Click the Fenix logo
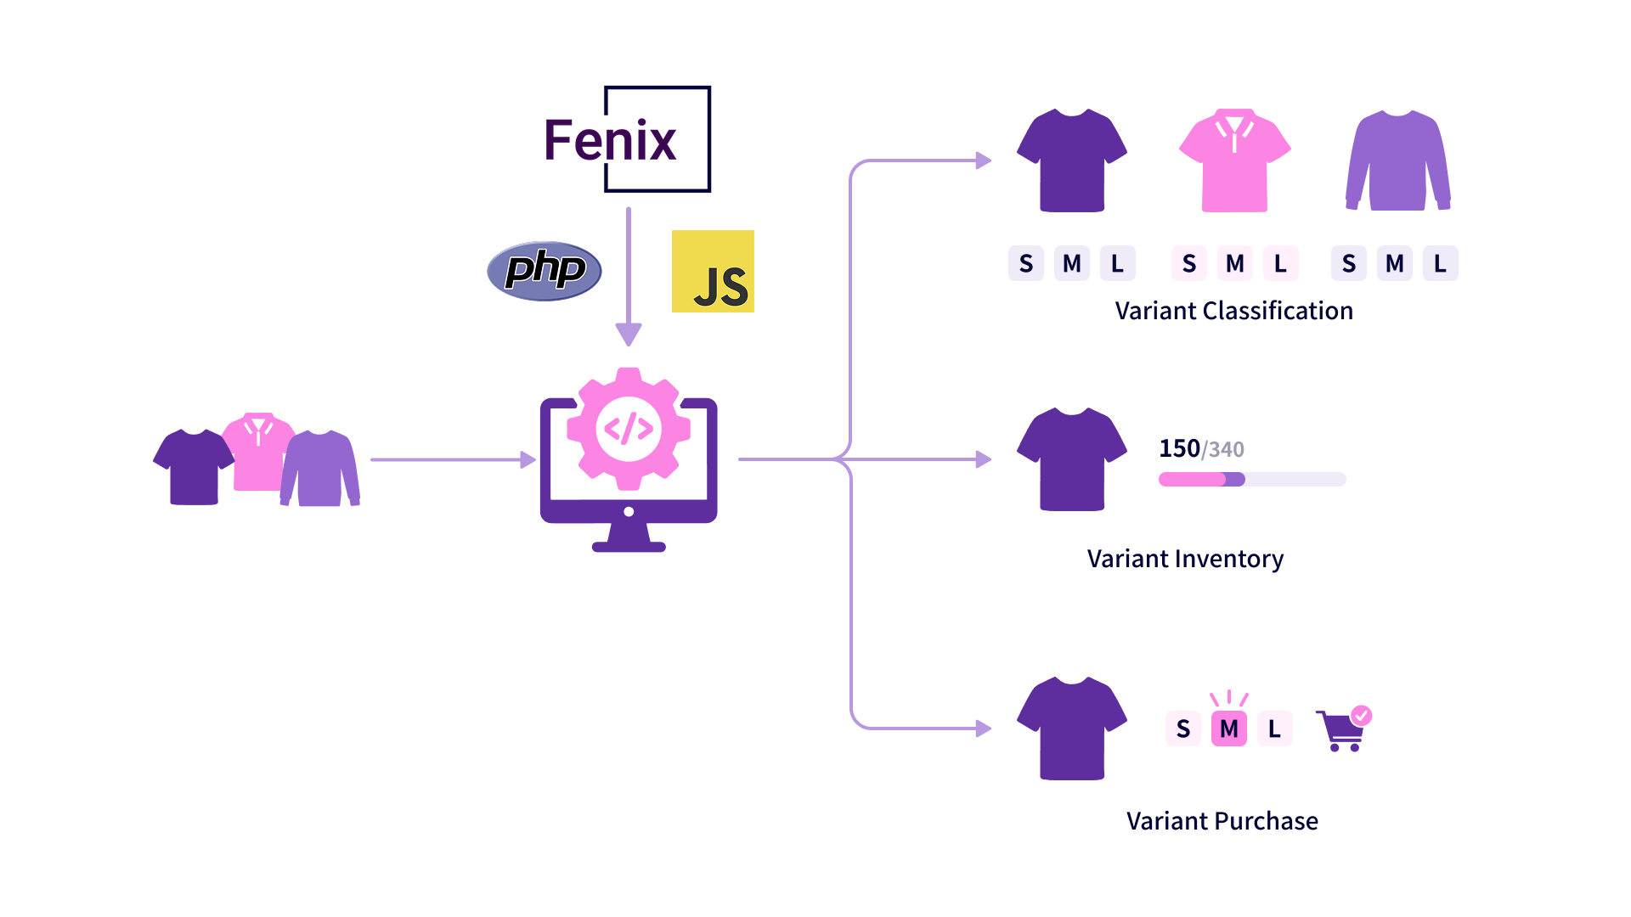[628, 139]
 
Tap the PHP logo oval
[545, 271]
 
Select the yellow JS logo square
[713, 271]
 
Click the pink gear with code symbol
[629, 429]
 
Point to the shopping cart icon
[1344, 729]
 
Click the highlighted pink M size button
[1228, 729]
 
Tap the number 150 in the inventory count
[1179, 448]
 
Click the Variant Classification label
[1233, 311]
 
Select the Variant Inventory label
[1185, 559]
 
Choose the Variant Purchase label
[1222, 821]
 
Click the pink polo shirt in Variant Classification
[1234, 160]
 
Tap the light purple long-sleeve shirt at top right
[1398, 160]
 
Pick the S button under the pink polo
[1189, 263]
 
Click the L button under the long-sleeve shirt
[1440, 263]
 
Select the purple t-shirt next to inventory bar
[1072, 459]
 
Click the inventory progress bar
[1252, 480]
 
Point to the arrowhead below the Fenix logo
[629, 335]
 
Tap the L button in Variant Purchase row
[1274, 729]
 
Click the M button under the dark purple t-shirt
[1072, 263]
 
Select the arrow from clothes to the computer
[454, 459]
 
